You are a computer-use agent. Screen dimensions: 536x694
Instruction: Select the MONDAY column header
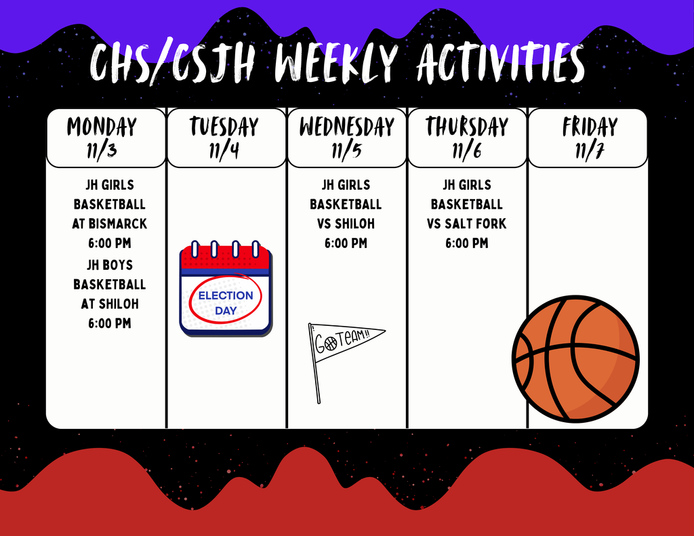[102, 127]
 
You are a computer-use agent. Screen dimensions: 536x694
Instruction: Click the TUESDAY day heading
[224, 127]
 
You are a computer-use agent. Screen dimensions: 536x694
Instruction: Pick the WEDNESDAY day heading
[346, 127]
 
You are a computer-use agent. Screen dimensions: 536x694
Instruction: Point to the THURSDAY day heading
[467, 127]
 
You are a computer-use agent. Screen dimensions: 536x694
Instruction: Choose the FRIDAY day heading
[590, 127]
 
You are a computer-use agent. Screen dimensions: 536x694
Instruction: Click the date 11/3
[102, 150]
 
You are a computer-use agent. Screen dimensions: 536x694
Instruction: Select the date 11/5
[346, 150]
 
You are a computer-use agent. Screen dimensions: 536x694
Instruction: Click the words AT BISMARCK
[110, 224]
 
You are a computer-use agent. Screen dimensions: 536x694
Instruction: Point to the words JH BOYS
[110, 265]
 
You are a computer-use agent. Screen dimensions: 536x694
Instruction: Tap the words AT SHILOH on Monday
[110, 304]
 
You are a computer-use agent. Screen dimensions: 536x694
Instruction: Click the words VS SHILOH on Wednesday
[346, 224]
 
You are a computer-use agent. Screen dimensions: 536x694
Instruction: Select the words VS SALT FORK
[467, 224]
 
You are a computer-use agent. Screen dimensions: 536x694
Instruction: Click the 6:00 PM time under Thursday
[467, 243]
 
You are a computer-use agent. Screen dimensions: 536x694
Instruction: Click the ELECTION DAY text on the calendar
[226, 303]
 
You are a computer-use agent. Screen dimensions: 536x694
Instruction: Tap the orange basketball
[575, 358]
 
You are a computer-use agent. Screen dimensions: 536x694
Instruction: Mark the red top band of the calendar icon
[226, 258]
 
